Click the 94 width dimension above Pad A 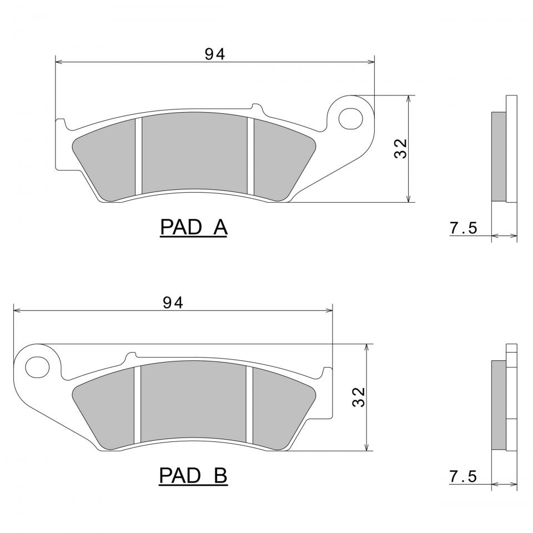tap(215, 54)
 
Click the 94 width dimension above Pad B tap(173, 303)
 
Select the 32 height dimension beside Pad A tap(400, 149)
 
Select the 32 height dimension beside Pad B tap(359, 397)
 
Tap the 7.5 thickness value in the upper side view tap(464, 228)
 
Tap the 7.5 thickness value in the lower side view tap(464, 476)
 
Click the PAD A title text tap(194, 227)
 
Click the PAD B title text tap(193, 476)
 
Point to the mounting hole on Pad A tap(351, 119)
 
